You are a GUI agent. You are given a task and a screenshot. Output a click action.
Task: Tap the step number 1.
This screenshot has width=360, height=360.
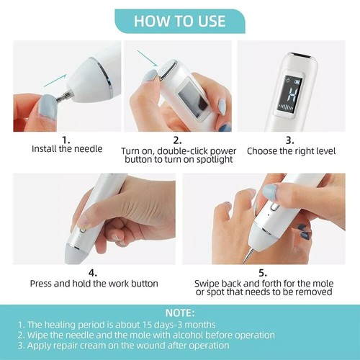pos(66,140)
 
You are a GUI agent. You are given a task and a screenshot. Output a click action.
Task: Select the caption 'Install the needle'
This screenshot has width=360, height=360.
pos(66,150)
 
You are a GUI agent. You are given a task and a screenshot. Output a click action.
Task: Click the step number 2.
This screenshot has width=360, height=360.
pos(176,140)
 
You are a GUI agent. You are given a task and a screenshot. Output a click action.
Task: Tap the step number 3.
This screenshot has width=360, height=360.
pos(289,140)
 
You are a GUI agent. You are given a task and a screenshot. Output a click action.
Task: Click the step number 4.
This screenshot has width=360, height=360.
pos(93,273)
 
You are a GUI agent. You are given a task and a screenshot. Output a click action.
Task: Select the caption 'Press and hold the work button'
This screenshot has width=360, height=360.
pos(94,283)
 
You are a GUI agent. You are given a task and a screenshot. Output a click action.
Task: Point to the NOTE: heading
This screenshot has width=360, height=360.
pos(179,313)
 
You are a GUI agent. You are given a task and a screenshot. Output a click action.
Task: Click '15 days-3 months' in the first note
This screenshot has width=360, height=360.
pos(161,325)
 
